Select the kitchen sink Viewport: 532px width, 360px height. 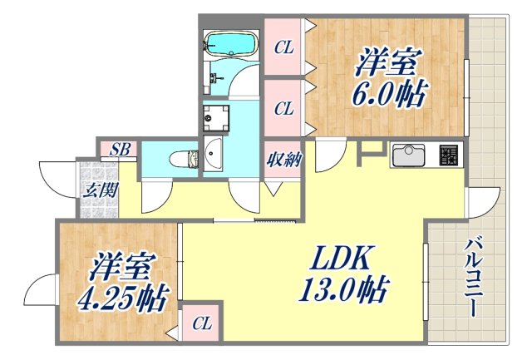[x=408, y=155]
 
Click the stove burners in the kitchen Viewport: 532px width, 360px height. [x=448, y=155]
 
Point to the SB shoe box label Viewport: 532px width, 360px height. [x=121, y=150]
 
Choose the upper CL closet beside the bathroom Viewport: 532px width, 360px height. [x=284, y=47]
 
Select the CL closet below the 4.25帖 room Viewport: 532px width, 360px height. [x=200, y=323]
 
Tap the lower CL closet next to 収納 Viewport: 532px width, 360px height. [x=284, y=108]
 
